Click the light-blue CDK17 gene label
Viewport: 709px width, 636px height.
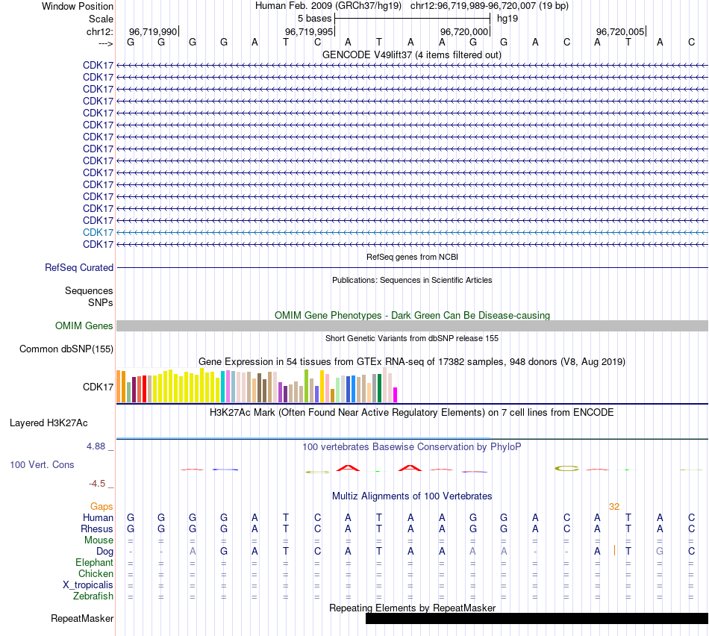click(x=99, y=232)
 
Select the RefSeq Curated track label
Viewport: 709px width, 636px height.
click(x=79, y=267)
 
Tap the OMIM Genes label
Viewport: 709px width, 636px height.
click(x=84, y=325)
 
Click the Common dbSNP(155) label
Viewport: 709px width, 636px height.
click(x=66, y=349)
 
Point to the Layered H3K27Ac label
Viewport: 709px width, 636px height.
click(x=49, y=423)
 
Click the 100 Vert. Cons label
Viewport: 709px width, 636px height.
click(x=42, y=464)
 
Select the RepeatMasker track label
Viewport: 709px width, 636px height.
click(x=82, y=618)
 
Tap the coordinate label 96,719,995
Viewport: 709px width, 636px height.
click(x=309, y=31)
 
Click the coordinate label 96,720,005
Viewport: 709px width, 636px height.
click(x=620, y=31)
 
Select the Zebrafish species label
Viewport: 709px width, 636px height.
click(x=93, y=596)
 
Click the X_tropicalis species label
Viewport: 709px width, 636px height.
click(x=88, y=584)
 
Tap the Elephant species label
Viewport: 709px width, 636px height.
click(x=95, y=562)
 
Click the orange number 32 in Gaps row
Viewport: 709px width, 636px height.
click(x=614, y=506)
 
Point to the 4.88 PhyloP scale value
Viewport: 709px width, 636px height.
click(x=97, y=446)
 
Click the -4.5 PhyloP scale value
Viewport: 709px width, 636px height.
click(x=100, y=483)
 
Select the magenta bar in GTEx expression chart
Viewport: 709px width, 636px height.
click(x=396, y=395)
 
